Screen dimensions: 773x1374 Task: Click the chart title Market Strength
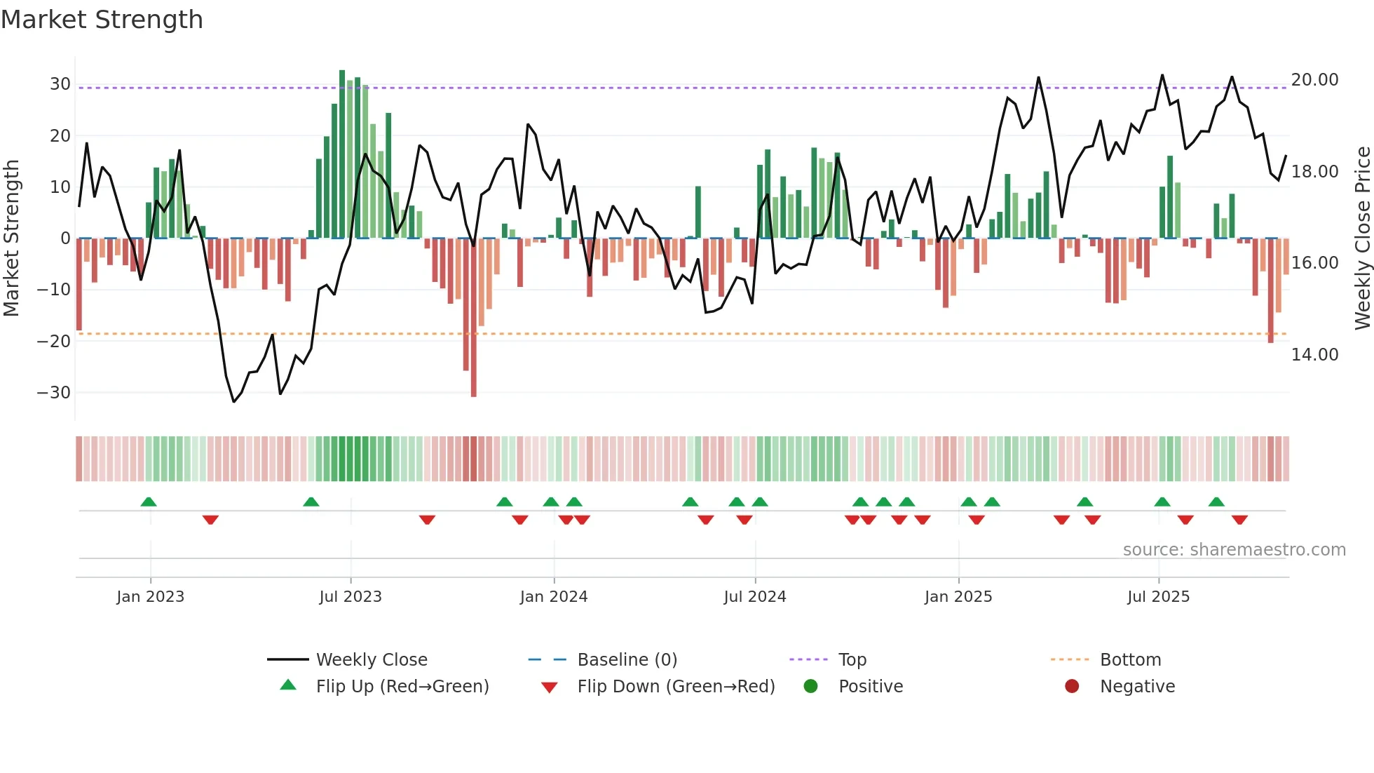coord(102,20)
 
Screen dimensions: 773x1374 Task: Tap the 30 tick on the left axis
coord(60,84)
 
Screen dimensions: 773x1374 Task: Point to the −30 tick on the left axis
coord(54,393)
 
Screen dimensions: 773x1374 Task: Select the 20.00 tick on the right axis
coord(1314,80)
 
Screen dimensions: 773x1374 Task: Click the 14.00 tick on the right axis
coord(1314,355)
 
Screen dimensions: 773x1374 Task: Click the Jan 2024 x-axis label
coord(553,597)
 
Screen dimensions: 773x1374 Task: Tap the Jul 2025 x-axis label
coord(1158,597)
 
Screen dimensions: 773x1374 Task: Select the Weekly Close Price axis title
coord(1362,238)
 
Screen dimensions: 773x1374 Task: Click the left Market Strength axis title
coord(12,238)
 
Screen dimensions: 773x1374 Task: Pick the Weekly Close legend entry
coord(372,660)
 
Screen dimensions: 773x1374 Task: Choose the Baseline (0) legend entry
coord(627,660)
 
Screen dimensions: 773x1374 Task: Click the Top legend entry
coord(852,660)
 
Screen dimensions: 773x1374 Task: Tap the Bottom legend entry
coord(1130,660)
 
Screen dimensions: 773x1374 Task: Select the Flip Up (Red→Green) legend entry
coord(402,687)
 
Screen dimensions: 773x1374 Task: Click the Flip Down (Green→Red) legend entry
coord(676,687)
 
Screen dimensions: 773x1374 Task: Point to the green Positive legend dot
coord(810,687)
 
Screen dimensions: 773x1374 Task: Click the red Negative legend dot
coord(1071,687)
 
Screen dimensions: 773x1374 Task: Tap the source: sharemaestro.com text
coord(1234,550)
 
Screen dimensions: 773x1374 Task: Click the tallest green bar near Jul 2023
coord(342,154)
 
